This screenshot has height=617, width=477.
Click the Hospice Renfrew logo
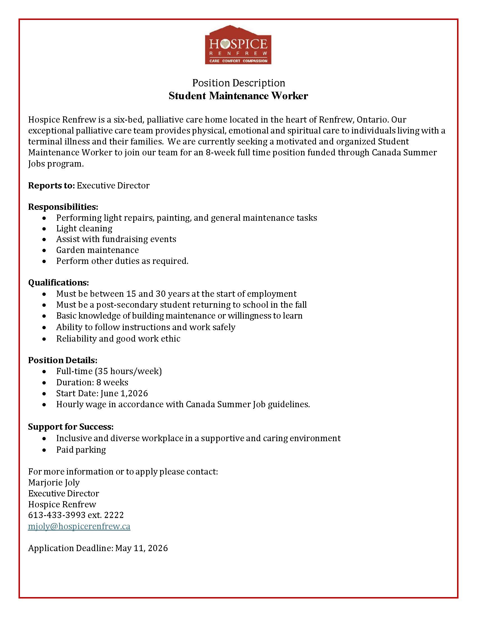pyautogui.click(x=238, y=45)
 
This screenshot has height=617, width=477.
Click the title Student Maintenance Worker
pyautogui.click(x=238, y=96)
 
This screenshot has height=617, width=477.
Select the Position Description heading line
pyautogui.click(x=238, y=83)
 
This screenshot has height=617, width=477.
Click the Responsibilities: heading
pyautogui.click(x=63, y=207)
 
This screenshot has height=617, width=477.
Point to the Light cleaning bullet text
pyautogui.click(x=84, y=228)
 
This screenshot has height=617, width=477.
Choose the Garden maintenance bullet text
pyautogui.click(x=97, y=250)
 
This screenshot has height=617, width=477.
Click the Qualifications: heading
pyautogui.click(x=58, y=282)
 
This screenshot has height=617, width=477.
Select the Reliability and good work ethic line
pyautogui.click(x=118, y=339)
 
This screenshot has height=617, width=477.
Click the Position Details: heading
pyautogui.click(x=63, y=360)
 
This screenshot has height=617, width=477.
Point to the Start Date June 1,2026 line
pyautogui.click(x=102, y=393)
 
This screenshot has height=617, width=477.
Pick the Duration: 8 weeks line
pyautogui.click(x=92, y=382)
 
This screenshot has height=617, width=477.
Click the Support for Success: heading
pyautogui.click(x=71, y=427)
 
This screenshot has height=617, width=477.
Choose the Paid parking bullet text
pyautogui.click(x=81, y=450)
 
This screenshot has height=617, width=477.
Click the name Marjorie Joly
pyautogui.click(x=54, y=482)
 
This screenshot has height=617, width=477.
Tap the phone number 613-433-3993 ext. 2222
pyautogui.click(x=76, y=515)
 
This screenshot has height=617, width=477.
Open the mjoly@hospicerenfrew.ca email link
pyautogui.click(x=79, y=526)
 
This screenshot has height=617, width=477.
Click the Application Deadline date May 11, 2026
pyautogui.click(x=142, y=548)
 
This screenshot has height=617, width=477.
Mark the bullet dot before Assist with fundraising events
pyautogui.click(x=44, y=240)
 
